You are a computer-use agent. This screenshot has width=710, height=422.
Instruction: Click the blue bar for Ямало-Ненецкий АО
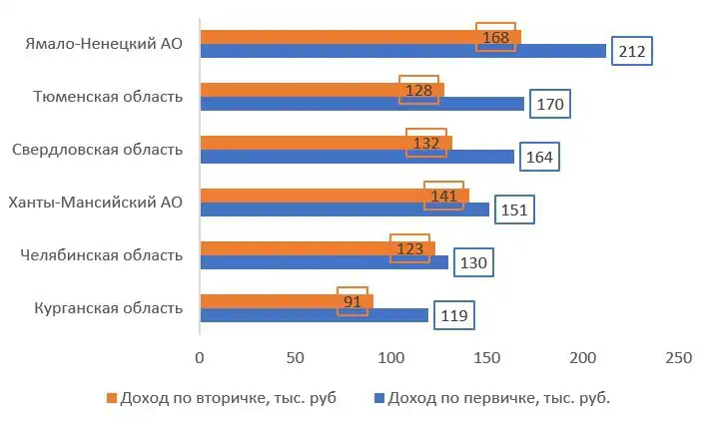click(399, 51)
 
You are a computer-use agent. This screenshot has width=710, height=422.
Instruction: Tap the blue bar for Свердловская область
click(356, 157)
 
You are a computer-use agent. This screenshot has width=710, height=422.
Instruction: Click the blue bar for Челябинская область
click(324, 262)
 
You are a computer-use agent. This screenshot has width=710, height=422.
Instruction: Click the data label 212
click(631, 52)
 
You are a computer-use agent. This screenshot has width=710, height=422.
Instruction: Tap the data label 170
click(548, 105)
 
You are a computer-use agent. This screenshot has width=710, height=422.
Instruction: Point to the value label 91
click(353, 300)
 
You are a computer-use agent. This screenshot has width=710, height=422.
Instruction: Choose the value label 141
click(443, 196)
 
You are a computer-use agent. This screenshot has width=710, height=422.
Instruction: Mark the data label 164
click(538, 158)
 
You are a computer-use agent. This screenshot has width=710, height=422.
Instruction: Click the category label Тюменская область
click(108, 97)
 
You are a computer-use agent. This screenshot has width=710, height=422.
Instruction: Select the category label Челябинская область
click(102, 255)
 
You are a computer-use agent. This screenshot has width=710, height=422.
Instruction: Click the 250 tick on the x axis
click(678, 356)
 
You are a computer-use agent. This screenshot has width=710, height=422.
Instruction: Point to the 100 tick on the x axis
click(391, 356)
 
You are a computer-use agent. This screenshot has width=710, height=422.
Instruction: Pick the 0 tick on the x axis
click(200, 356)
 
